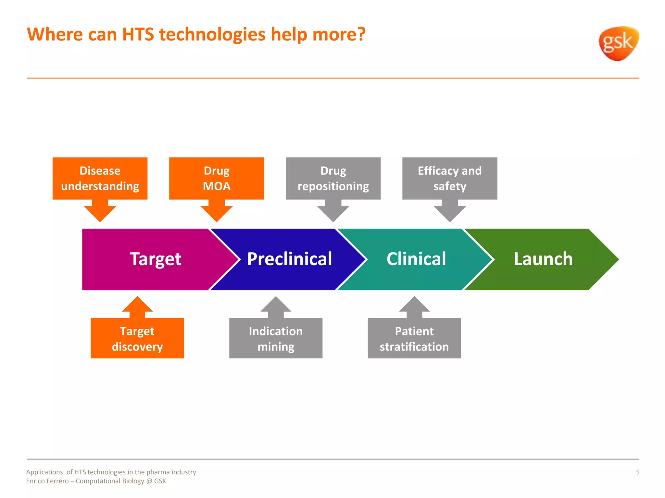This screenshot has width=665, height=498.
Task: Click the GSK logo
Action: tap(618, 43)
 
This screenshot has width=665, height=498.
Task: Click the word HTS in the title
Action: tap(138, 34)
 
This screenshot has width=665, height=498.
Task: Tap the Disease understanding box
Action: tap(100, 178)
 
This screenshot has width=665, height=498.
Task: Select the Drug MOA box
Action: tap(217, 178)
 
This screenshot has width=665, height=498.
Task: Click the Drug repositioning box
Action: tap(333, 178)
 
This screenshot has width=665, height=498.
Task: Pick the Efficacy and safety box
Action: tap(450, 178)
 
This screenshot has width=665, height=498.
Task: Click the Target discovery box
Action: tap(137, 338)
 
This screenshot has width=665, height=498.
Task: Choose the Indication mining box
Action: tap(276, 338)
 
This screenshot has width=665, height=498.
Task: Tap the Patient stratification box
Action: tap(414, 338)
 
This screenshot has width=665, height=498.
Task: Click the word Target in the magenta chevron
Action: tap(156, 259)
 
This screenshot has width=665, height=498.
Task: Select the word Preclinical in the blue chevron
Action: tap(289, 259)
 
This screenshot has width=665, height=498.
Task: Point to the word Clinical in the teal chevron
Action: tap(416, 259)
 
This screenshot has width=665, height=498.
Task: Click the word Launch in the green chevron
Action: tap(543, 259)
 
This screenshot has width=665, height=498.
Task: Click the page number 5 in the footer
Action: tap(637, 472)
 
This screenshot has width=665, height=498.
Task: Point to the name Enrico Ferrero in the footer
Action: tap(47, 481)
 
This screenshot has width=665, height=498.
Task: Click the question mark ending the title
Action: tap(361, 34)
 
